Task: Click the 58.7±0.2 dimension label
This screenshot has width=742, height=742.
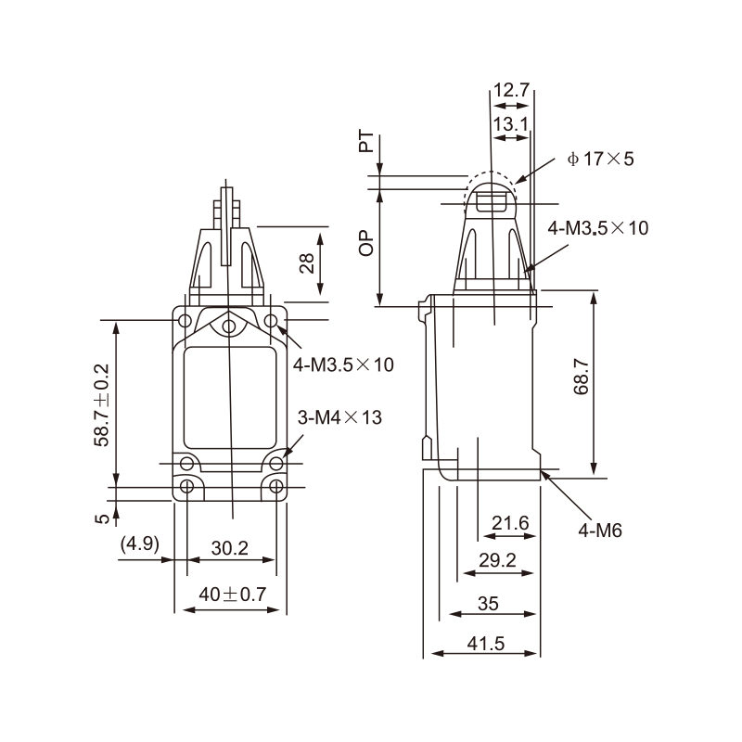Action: click(102, 405)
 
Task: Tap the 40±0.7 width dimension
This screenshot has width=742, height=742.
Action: click(233, 594)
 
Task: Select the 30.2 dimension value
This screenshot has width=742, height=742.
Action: click(229, 548)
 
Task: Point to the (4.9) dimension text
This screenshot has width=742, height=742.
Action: click(140, 544)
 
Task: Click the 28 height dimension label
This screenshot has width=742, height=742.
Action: click(307, 263)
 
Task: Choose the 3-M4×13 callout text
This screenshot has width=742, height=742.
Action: click(339, 417)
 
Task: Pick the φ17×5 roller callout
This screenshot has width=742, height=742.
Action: click(600, 159)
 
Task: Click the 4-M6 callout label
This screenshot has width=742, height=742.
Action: click(600, 531)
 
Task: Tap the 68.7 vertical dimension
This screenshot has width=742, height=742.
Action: click(582, 377)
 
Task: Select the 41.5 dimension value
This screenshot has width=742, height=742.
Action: click(486, 644)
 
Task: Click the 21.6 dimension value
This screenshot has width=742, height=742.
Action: click(510, 523)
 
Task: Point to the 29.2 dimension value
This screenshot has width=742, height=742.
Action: click(497, 560)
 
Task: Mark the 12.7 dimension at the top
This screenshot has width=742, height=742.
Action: click(511, 90)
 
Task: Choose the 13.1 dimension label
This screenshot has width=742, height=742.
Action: click(511, 124)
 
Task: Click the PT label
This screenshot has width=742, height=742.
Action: click(366, 142)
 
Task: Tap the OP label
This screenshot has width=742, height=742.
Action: click(366, 244)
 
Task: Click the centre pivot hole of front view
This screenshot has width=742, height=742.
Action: click(228, 326)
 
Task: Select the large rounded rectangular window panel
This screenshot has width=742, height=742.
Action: click(230, 398)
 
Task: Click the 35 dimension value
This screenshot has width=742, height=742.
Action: click(489, 604)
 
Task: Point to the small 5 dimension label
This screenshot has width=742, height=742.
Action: click(102, 518)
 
